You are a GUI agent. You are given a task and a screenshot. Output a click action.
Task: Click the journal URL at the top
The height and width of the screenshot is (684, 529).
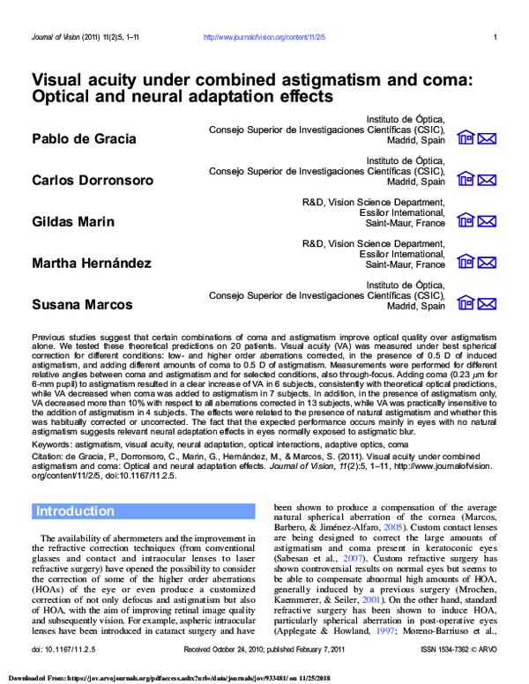click(264, 37)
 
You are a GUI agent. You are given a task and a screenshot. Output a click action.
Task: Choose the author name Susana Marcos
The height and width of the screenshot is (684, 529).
click(82, 304)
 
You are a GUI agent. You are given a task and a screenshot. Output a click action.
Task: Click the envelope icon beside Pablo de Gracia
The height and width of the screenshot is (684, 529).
click(488, 138)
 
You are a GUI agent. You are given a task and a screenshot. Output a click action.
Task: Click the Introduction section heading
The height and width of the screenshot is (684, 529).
click(75, 511)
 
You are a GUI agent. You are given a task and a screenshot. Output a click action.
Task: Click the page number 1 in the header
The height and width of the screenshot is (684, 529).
click(495, 37)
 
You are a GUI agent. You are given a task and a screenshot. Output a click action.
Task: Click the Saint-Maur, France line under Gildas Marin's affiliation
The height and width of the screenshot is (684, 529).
click(405, 223)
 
